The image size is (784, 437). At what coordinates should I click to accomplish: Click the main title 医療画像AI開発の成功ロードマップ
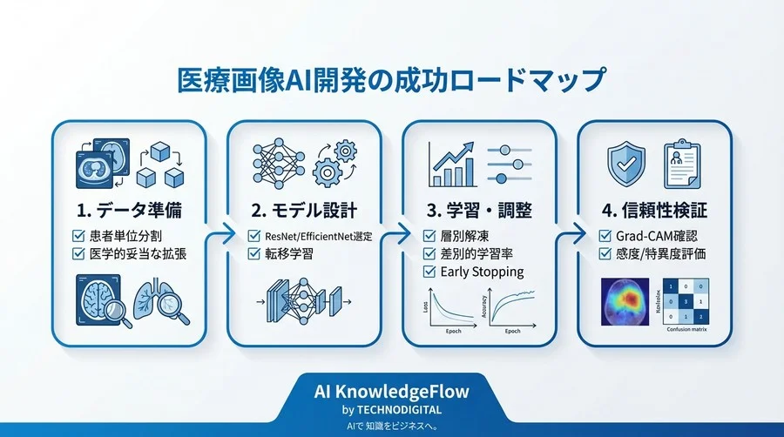[391, 80]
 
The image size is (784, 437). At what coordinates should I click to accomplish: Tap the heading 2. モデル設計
[304, 210]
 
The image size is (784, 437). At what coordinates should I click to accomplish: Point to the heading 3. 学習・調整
[479, 210]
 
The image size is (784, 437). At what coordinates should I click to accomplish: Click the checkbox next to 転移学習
[253, 254]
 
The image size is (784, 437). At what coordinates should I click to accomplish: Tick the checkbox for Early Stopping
[429, 272]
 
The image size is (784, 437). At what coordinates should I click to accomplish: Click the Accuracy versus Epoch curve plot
[514, 308]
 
